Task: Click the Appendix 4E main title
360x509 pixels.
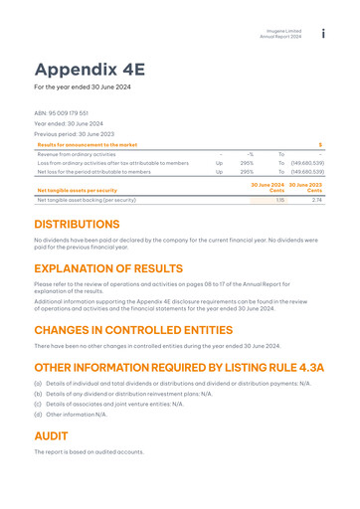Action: (90, 69)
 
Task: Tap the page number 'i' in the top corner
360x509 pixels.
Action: (323, 35)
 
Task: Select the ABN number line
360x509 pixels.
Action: (62, 113)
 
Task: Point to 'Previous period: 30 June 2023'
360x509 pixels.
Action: (75, 134)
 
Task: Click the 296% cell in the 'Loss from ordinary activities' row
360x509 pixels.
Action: (246, 163)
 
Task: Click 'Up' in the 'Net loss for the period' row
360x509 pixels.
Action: (219, 172)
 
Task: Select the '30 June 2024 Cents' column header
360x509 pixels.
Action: (268, 188)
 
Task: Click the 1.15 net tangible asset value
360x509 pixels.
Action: (279, 200)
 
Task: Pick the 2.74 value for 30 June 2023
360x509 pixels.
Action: (316, 200)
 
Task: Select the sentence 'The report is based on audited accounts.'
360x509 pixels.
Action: (89, 452)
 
